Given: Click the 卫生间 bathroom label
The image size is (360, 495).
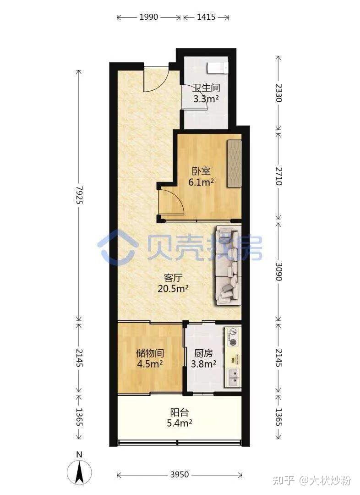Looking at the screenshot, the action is point(207,88).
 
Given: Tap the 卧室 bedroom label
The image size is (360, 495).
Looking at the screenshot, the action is point(201,171).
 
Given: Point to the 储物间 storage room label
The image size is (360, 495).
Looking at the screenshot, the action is point(150,353).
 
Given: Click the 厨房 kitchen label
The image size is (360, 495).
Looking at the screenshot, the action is point(203,353).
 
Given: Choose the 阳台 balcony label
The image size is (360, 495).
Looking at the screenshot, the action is point(179,412).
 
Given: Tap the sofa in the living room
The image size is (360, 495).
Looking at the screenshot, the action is point(229,265).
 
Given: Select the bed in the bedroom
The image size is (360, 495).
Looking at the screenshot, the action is point(234,163).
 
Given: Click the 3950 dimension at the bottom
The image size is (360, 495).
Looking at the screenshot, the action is point(179,474).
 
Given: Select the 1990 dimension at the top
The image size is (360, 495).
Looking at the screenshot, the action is point(148,17).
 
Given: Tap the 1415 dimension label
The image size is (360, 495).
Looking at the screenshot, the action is point(206,17).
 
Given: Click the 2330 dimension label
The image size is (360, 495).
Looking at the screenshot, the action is point(278,93).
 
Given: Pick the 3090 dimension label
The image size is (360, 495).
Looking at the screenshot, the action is point(278,271).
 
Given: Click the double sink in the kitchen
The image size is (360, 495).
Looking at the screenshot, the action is point(233,377).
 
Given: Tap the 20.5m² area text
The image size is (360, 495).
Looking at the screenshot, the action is point(173,288).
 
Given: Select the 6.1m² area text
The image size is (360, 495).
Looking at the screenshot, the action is point(201,182).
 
